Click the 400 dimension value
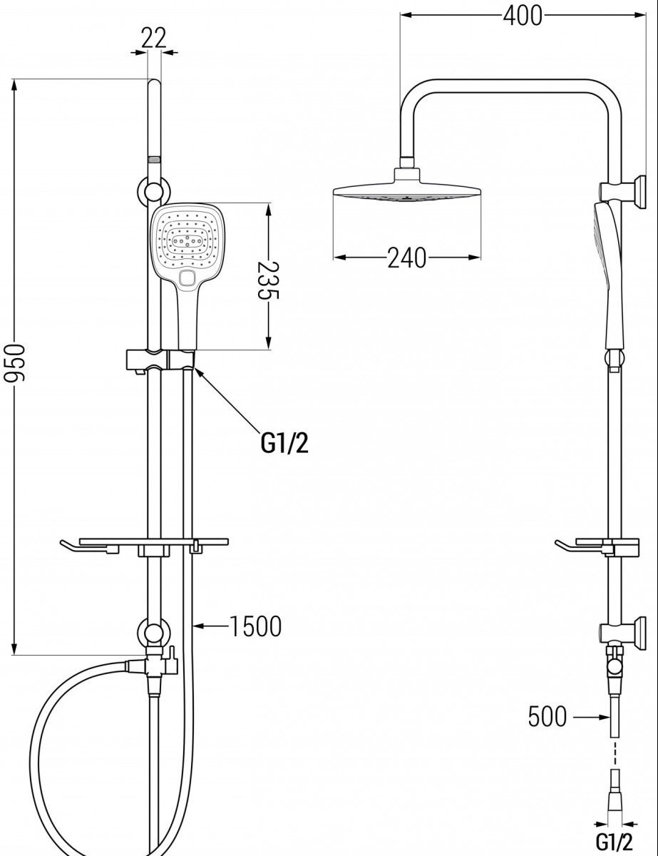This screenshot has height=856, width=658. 523,16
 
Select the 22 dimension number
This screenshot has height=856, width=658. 154,38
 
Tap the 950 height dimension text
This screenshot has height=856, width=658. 14,363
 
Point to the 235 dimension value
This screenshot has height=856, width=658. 268,280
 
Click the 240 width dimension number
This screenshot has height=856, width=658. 406,258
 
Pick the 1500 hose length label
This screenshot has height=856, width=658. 255,627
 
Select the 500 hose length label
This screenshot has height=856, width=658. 548,717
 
